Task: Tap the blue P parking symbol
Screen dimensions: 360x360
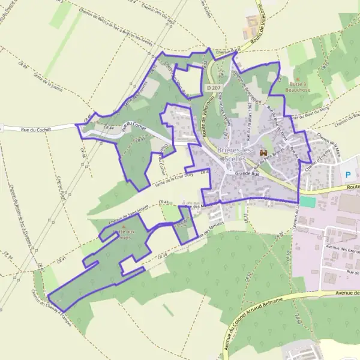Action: (x=349, y=175)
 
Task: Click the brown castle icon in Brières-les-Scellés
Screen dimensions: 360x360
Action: (x=263, y=154)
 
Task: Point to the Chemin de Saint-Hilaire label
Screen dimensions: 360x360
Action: (x=128, y=214)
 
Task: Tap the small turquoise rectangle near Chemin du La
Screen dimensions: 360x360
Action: (x=307, y=202)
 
